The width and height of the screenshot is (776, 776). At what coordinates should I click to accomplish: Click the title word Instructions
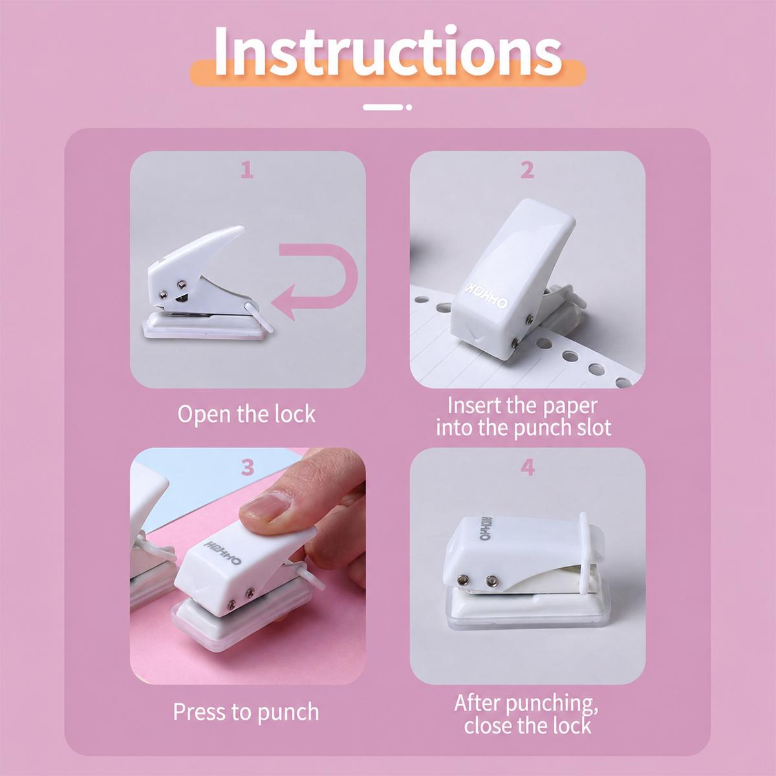click(x=387, y=52)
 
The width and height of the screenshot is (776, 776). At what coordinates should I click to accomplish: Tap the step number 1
click(x=247, y=170)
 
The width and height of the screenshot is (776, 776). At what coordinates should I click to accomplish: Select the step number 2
click(x=527, y=170)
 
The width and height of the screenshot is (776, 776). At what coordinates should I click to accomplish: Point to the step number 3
click(x=247, y=467)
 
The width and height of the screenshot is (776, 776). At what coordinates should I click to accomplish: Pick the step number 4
click(x=528, y=467)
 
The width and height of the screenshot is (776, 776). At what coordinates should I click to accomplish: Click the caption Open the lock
click(x=246, y=414)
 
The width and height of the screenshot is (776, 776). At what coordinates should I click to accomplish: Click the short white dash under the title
click(x=383, y=107)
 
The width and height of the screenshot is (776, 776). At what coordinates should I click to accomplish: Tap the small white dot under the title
click(x=409, y=107)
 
